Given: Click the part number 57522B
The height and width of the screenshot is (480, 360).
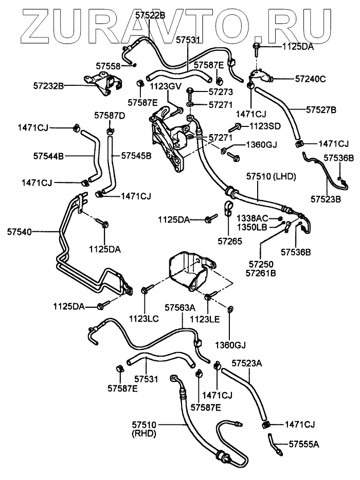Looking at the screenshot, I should (150, 15).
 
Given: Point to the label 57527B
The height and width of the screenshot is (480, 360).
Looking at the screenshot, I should (321, 109).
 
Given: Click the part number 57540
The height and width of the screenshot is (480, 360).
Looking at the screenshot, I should (19, 232).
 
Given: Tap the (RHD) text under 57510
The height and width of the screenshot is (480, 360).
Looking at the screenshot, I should (144, 434).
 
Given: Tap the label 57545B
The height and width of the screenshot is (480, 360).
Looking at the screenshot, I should (136, 155).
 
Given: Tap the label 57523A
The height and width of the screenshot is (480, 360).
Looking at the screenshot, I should (247, 363).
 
